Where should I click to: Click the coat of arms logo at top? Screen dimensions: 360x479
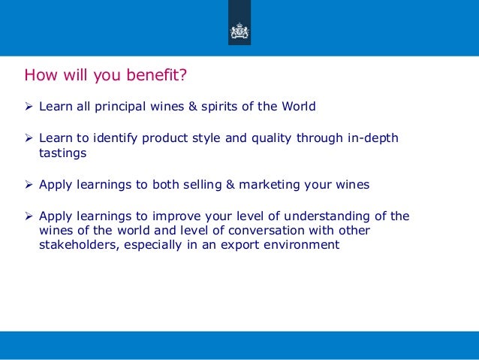(x=239, y=32)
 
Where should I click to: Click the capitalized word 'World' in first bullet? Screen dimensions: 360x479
(x=298, y=107)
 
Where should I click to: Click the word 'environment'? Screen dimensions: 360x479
(x=298, y=245)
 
